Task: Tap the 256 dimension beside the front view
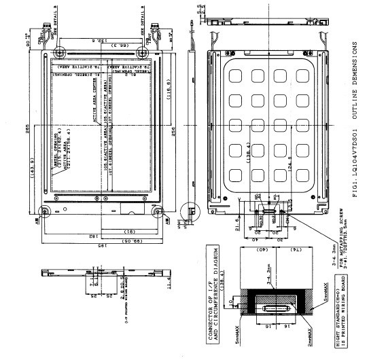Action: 174,124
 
